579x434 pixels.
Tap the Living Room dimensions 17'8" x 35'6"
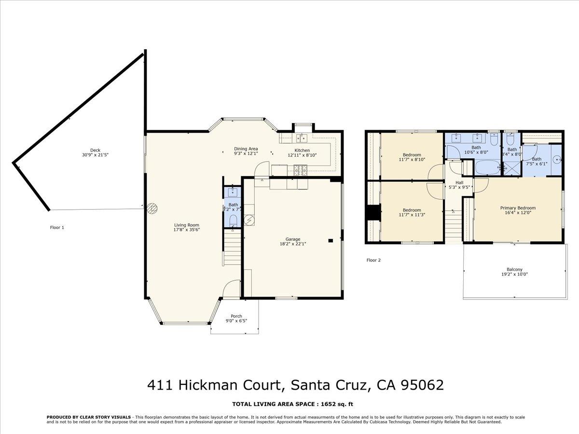click(x=187, y=230)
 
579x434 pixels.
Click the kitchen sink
click(x=303, y=139)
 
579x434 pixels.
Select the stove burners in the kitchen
click(x=301, y=169)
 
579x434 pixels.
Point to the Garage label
click(x=293, y=239)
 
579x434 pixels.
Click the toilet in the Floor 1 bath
click(x=233, y=220)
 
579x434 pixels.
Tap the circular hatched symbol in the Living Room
click(x=152, y=208)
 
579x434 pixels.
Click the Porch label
click(x=236, y=316)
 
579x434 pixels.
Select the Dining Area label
click(x=246, y=149)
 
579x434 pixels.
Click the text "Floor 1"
click(x=57, y=227)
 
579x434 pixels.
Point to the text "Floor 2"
click(x=373, y=260)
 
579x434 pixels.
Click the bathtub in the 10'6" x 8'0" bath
click(x=487, y=168)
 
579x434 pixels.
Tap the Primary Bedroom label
click(x=518, y=208)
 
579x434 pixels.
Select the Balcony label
click(x=514, y=270)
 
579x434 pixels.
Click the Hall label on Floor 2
click(x=459, y=182)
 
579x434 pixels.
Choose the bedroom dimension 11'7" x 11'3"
click(x=412, y=215)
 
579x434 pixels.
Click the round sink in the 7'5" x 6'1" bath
click(x=555, y=158)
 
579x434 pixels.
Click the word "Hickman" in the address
click(x=208, y=385)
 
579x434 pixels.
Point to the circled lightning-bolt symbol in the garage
click(x=249, y=219)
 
